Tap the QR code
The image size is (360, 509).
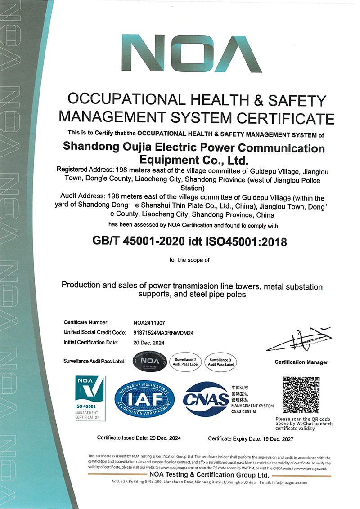click(301, 395)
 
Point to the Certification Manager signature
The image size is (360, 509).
click(300, 340)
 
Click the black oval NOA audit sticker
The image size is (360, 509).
click(150, 361)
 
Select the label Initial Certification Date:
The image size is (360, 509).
click(91, 342)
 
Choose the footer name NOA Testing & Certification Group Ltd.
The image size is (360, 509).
click(209, 475)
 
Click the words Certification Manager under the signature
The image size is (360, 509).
click(301, 362)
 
